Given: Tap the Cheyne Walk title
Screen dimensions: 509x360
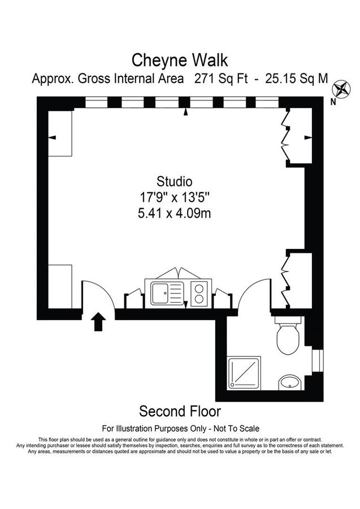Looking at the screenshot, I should click(180, 59).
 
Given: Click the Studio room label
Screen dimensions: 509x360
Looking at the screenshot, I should click(175, 182).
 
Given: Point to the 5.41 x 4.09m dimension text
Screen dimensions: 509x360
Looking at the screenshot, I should click(175, 213).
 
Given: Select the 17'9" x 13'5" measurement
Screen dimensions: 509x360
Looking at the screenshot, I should click(175, 197).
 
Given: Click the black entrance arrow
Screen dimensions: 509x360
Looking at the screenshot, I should click(99, 322).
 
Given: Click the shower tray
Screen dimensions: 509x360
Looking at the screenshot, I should click(244, 373).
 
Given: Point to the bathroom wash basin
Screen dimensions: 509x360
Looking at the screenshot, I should click(290, 383).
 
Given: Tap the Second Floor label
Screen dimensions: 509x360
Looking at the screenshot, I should click(180, 411).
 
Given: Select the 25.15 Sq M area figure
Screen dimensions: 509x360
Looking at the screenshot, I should click(297, 79).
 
